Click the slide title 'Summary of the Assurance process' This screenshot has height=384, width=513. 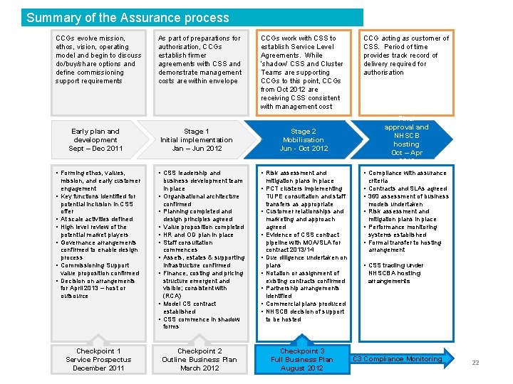click(128, 18)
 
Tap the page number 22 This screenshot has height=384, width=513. click(475, 363)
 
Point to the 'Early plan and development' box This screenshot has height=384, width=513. click(95, 140)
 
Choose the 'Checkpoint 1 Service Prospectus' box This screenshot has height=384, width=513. click(98, 360)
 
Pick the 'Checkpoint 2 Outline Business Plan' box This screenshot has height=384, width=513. click(200, 360)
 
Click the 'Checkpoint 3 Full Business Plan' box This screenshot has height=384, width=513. click(302, 359)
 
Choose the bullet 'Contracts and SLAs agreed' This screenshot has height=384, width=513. click(408, 188)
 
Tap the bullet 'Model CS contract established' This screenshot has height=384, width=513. click(192, 307)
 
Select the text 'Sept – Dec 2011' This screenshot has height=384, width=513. click(95, 149)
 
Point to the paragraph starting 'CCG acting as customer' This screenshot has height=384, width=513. click(406, 55)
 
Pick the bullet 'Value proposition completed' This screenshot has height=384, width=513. click(203, 227)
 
